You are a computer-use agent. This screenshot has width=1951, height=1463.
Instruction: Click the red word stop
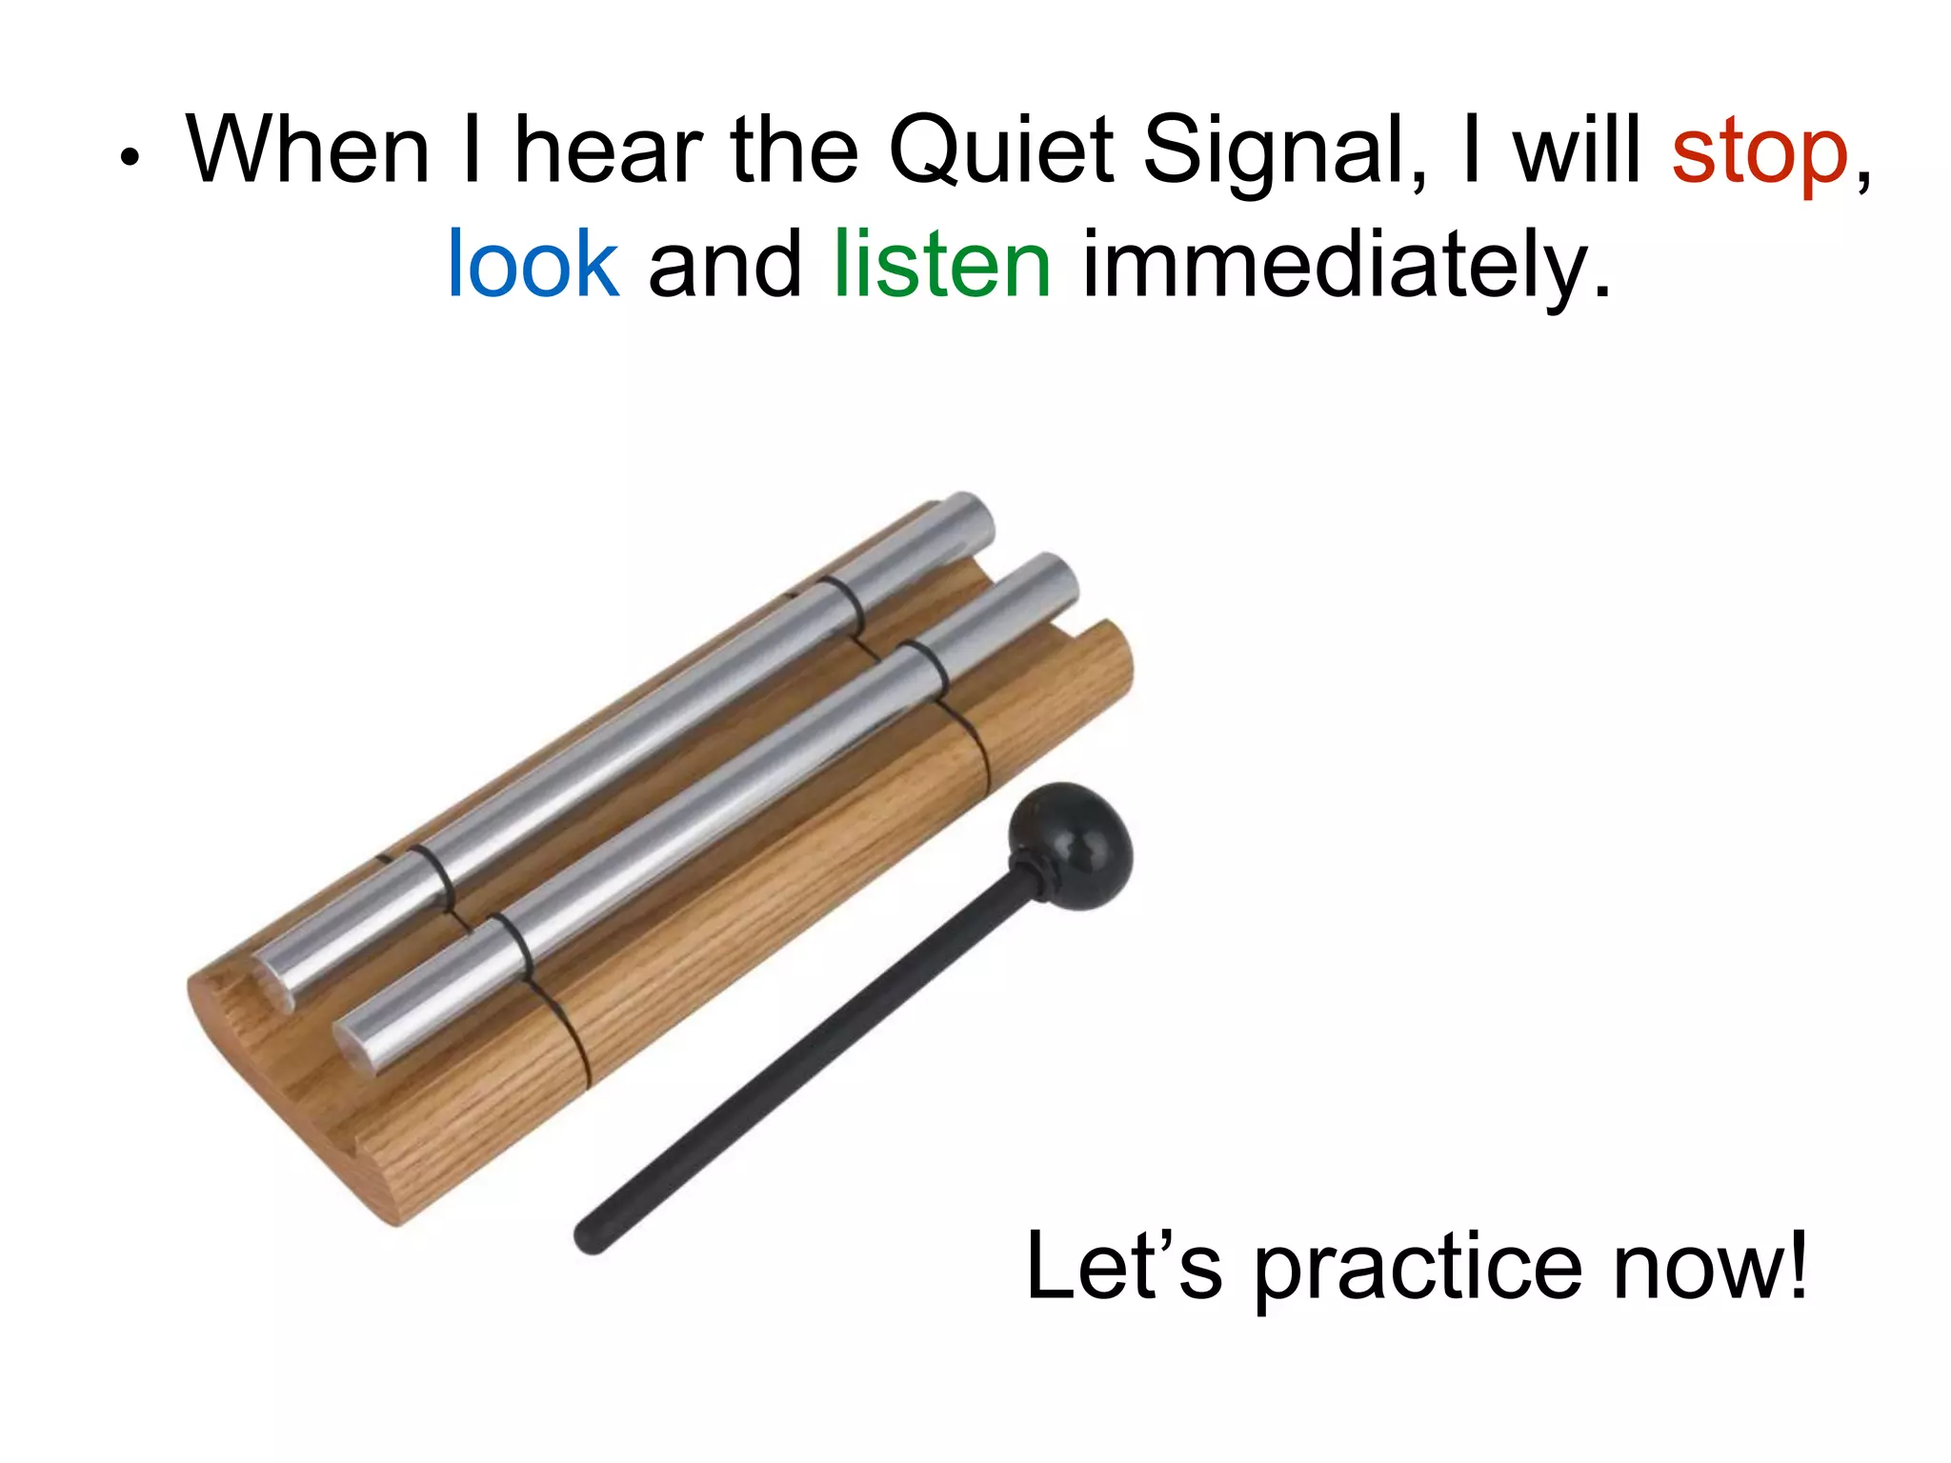click(x=1760, y=152)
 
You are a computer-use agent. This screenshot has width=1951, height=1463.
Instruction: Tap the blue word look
click(x=533, y=264)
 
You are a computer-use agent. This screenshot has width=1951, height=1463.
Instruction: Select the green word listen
click(x=942, y=264)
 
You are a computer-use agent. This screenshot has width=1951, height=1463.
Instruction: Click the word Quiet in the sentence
click(x=1000, y=152)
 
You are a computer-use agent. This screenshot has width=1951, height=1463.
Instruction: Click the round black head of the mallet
click(x=1072, y=843)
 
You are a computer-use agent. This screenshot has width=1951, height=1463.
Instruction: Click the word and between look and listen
click(x=725, y=264)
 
